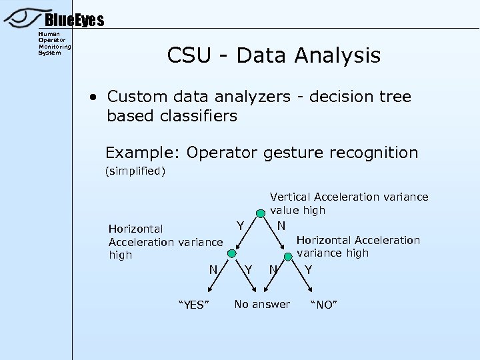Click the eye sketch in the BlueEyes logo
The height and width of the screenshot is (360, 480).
23,18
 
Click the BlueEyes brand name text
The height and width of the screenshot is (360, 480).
75,21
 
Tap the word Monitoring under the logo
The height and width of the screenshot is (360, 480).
54,47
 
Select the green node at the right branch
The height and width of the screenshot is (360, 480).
287,254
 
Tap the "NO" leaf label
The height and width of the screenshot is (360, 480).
325,305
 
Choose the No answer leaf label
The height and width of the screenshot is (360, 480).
262,305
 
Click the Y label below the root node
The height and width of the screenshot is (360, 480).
239,226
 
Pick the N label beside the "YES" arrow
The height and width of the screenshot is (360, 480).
213,269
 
